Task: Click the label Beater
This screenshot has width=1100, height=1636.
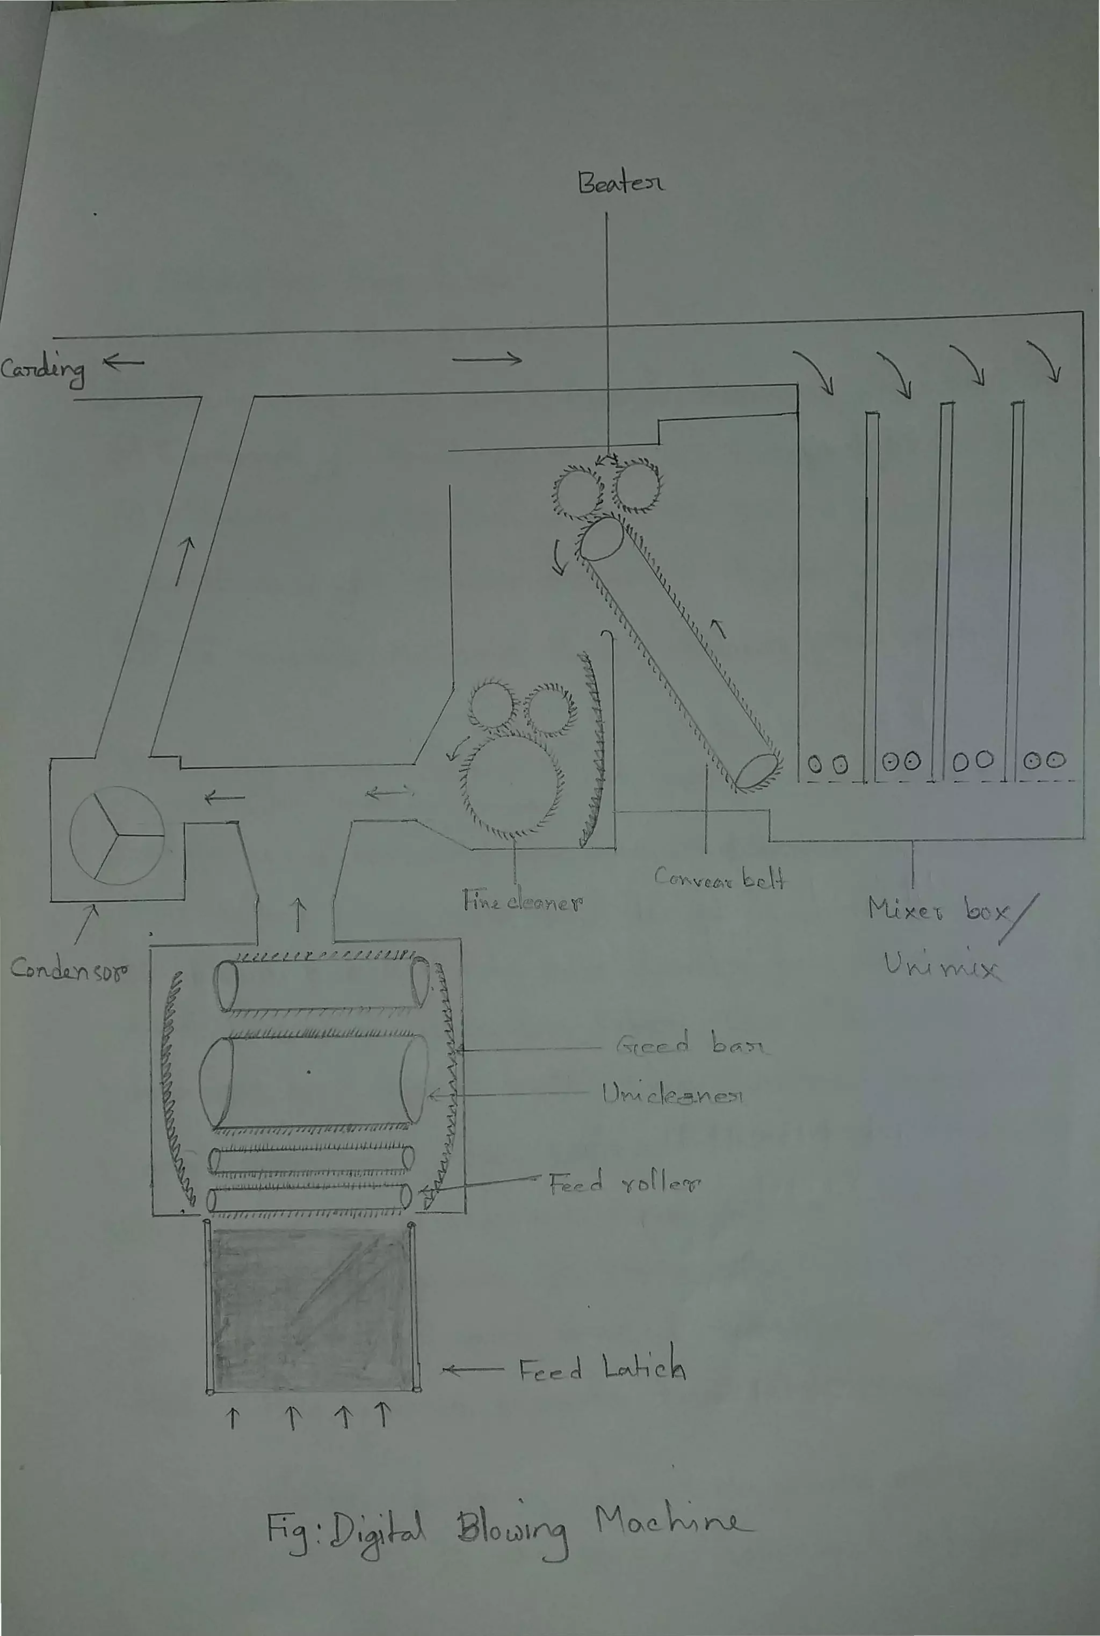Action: click(x=620, y=183)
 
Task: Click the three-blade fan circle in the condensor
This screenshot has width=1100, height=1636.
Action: click(x=117, y=835)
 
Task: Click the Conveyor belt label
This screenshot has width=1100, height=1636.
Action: click(x=719, y=877)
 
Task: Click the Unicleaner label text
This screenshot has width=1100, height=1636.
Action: click(x=672, y=1095)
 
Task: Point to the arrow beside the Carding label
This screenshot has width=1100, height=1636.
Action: click(x=124, y=362)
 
